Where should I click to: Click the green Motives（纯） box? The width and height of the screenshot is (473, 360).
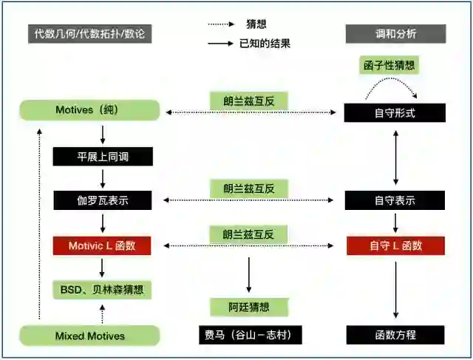89,111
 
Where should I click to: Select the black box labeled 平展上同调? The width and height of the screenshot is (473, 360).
103,156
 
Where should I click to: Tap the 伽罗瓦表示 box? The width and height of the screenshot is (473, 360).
103,200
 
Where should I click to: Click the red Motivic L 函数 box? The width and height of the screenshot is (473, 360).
103,245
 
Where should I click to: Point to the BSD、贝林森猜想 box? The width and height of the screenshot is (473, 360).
103,289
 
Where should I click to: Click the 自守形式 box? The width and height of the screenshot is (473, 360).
395,112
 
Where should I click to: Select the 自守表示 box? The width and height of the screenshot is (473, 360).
395,200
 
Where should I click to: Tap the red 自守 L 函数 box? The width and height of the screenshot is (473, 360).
395,245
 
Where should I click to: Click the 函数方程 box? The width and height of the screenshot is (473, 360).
395,335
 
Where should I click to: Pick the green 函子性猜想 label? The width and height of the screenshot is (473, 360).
390,65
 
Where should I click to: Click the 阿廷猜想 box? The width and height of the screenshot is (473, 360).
248,306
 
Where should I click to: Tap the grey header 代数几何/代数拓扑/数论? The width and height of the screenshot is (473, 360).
90,33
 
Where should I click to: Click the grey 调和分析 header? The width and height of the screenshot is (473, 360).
396,33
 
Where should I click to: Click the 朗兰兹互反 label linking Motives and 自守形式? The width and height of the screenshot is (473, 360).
248,101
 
